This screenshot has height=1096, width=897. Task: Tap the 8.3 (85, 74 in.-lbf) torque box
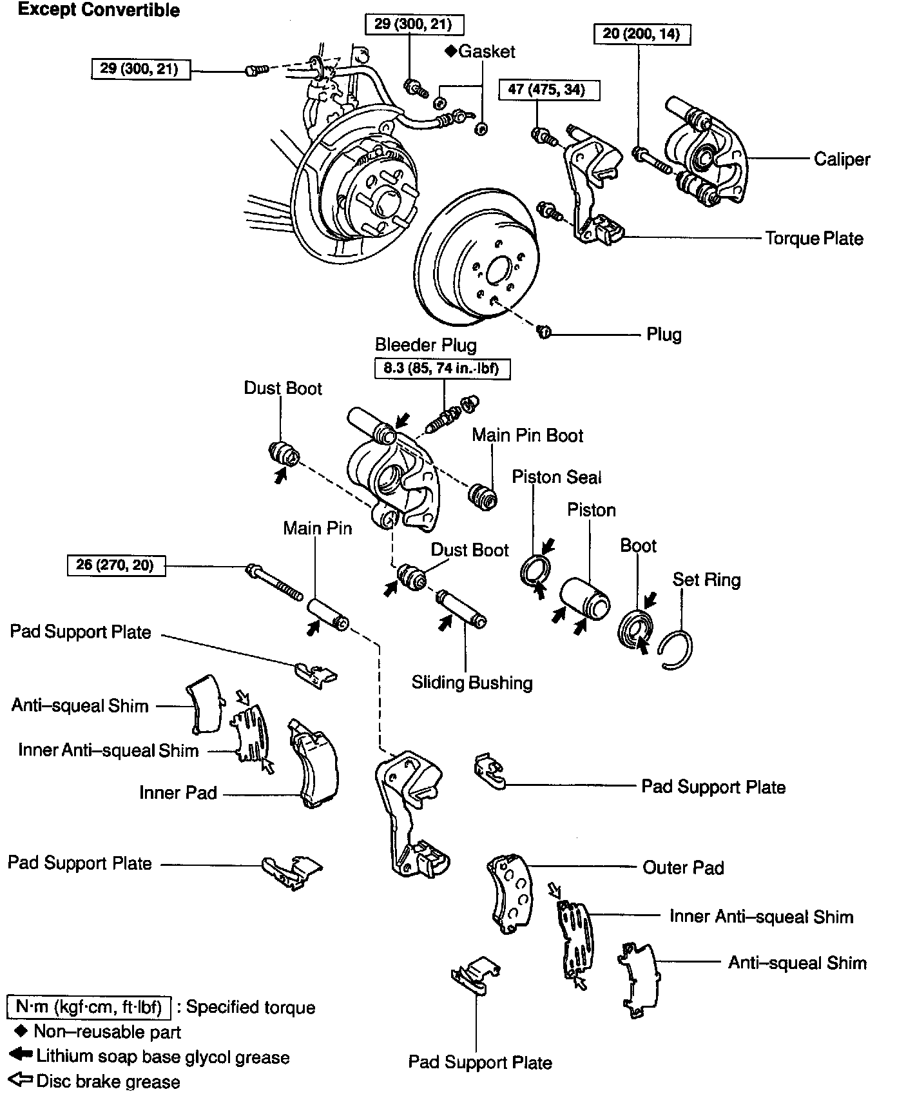[442, 368]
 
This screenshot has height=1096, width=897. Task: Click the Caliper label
[842, 159]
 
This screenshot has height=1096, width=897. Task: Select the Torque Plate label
[814, 239]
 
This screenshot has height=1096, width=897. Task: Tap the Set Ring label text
[706, 580]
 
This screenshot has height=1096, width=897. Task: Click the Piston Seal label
[556, 477]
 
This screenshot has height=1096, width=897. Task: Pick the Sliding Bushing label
[472, 683]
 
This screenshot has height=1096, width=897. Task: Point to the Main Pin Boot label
[527, 435]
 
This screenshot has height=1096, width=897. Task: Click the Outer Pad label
[683, 868]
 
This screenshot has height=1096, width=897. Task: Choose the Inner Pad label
[178, 792]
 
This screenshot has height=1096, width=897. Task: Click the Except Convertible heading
[99, 10]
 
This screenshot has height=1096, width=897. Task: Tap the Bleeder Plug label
[426, 345]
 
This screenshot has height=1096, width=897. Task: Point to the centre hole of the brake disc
[497, 271]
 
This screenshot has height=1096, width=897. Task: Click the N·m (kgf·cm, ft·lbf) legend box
[89, 1007]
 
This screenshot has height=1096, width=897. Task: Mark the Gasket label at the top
[486, 52]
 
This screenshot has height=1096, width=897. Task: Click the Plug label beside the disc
[664, 334]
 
